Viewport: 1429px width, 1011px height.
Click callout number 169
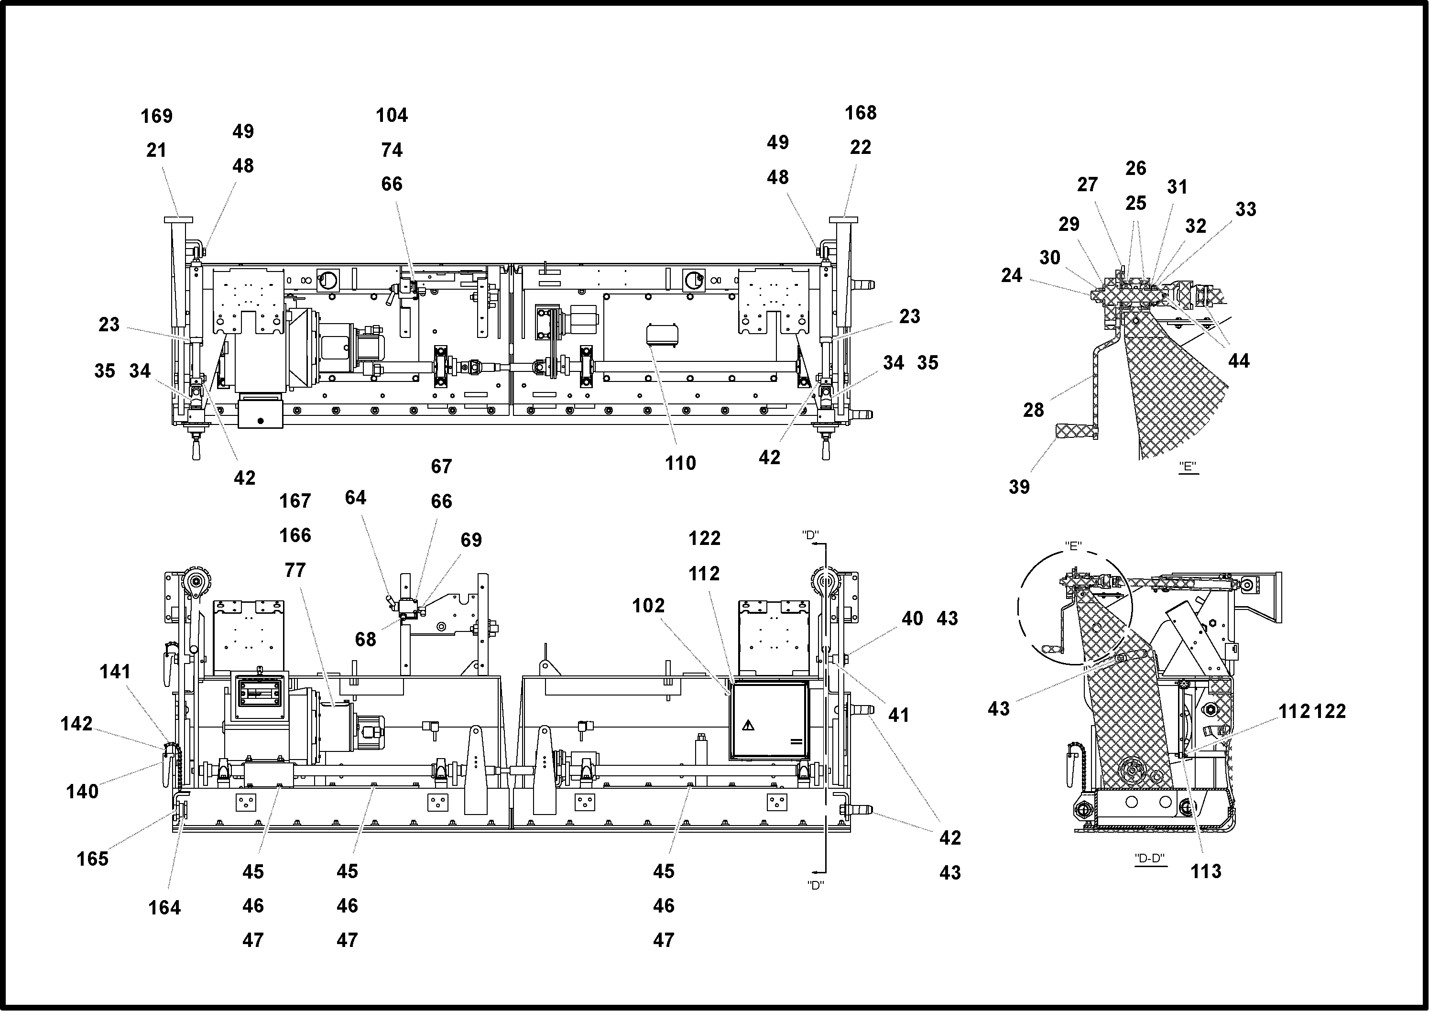pyautogui.click(x=156, y=116)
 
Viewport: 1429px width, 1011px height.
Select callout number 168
pyautogui.click(x=861, y=113)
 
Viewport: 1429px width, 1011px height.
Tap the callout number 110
pyautogui.click(x=680, y=463)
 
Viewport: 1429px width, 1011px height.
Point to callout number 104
pyautogui.click(x=392, y=115)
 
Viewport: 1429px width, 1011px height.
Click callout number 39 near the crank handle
pyautogui.click(x=1019, y=487)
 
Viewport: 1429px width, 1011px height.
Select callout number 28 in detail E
pyautogui.click(x=1034, y=410)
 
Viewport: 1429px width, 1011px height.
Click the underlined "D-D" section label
pyautogui.click(x=1149, y=859)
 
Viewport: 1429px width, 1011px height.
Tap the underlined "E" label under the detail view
pyautogui.click(x=1188, y=466)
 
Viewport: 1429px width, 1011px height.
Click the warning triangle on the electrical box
pyautogui.click(x=748, y=725)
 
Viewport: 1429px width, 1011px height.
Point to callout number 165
pyautogui.click(x=92, y=859)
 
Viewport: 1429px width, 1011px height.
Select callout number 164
pyautogui.click(x=164, y=908)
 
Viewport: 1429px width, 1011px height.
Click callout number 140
pyautogui.click(x=82, y=791)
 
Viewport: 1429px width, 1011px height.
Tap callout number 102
pyautogui.click(x=648, y=605)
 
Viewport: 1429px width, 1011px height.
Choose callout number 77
pyautogui.click(x=295, y=570)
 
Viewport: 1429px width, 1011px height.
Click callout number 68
pyautogui.click(x=366, y=640)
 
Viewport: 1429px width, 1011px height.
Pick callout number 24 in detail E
pyautogui.click(x=1012, y=275)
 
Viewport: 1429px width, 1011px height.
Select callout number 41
pyautogui.click(x=898, y=715)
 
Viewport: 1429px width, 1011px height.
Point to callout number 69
pyautogui.click(x=471, y=540)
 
